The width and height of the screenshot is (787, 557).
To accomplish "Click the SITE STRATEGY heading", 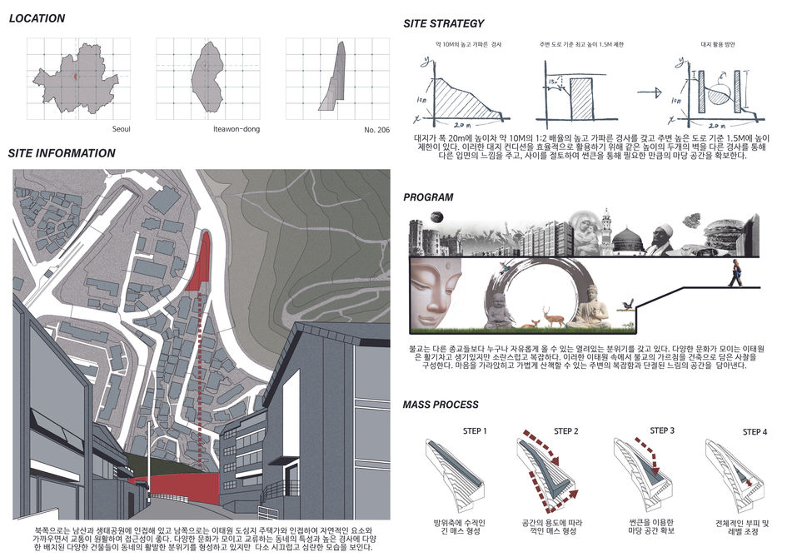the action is tap(443, 23).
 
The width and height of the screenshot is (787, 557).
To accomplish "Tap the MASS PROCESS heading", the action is tap(441, 405).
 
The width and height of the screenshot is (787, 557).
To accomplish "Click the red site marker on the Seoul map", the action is tap(75, 76).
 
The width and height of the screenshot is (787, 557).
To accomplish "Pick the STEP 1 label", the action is tap(474, 431).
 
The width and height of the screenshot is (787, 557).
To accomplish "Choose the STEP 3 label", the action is tap(662, 430).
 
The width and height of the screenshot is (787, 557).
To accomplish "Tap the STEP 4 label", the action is tap(755, 432).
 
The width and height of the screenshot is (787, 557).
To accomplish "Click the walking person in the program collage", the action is tap(735, 272).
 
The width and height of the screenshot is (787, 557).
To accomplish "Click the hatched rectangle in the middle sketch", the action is tap(581, 99).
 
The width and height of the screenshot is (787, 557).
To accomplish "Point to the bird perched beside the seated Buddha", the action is tap(622, 306).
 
